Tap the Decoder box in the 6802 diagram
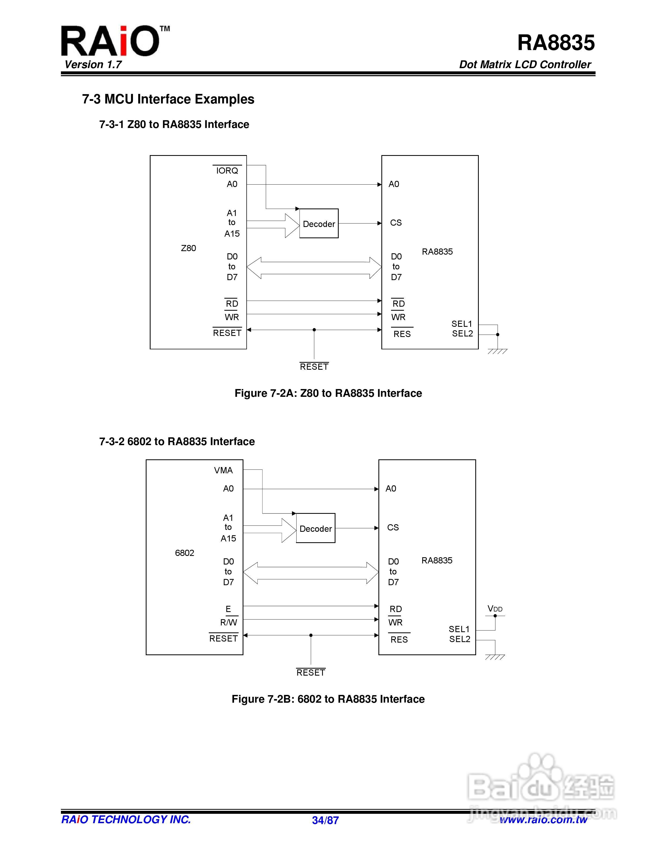click(316, 529)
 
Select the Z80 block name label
click(188, 248)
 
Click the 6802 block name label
click(184, 553)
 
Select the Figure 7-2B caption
click(328, 699)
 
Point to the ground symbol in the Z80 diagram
click(497, 351)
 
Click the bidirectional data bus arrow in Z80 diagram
click(314, 268)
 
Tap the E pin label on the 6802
click(228, 609)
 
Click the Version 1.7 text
click(93, 65)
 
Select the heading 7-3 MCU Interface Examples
click(168, 99)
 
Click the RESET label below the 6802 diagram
click(311, 673)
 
